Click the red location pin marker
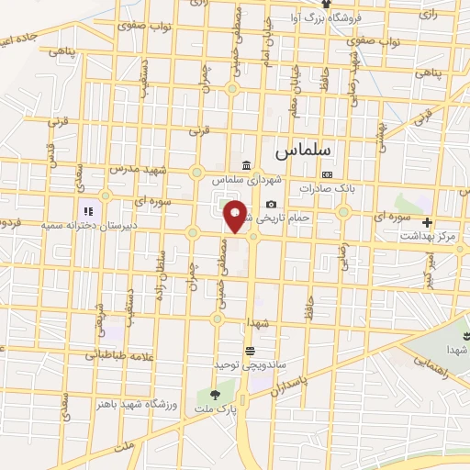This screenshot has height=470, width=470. (236, 218)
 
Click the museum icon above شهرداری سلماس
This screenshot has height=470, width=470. (245, 165)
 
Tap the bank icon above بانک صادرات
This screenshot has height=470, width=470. (327, 174)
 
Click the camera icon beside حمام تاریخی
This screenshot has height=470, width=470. (270, 205)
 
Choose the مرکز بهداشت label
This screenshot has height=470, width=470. (426, 237)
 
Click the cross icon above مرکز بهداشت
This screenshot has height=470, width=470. (426, 222)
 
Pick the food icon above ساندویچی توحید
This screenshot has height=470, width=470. (249, 351)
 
